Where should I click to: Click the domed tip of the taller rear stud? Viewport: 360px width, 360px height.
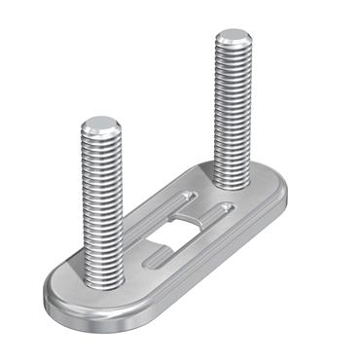point(233,39)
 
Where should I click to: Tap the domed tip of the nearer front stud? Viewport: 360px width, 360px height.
point(100,126)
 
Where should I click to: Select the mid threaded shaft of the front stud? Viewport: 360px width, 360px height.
point(102,204)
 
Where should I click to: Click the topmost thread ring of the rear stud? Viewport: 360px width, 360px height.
point(233,54)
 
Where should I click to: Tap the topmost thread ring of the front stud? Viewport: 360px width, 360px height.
point(100,142)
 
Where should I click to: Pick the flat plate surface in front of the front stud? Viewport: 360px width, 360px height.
point(88,297)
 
